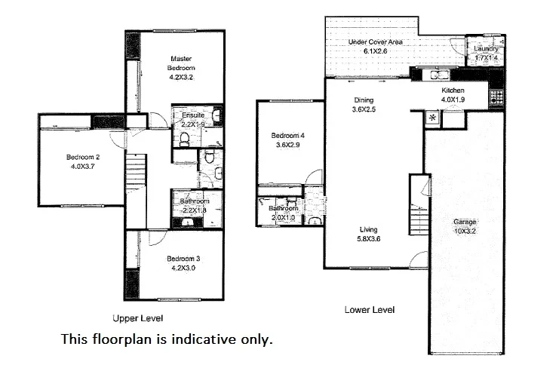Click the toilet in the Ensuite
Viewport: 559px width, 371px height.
pyautogui.click(x=184, y=137)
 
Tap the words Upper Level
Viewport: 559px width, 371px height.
pyautogui.click(x=137, y=318)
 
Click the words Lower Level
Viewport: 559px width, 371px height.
pyautogui.click(x=369, y=310)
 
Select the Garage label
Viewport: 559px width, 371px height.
pyautogui.click(x=464, y=222)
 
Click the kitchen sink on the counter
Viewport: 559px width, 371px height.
pyautogui.click(x=436, y=74)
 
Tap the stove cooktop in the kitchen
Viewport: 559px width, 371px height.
pyautogui.click(x=496, y=96)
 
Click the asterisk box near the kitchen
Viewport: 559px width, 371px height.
pyautogui.click(x=432, y=118)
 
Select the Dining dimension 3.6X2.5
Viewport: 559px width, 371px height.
pyautogui.click(x=364, y=109)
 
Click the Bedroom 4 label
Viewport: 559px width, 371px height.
pyautogui.click(x=287, y=136)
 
